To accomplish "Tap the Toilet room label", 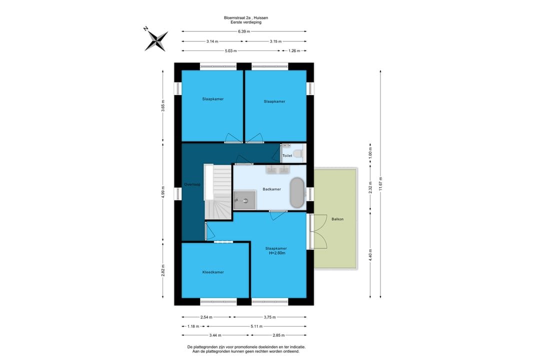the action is click(x=287, y=155).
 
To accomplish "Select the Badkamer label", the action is click(x=271, y=189).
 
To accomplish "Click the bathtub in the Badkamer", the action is click(x=297, y=193).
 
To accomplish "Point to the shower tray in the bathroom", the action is click(x=244, y=200).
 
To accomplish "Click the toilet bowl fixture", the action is click(x=297, y=153).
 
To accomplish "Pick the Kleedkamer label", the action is click(x=213, y=272).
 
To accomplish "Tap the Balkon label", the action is click(x=337, y=219).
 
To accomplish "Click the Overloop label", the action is click(x=192, y=184).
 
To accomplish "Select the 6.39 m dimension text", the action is click(x=244, y=31).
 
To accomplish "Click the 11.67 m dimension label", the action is click(x=380, y=183).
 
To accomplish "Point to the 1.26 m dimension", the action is click(x=294, y=50).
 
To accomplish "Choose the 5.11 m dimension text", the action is click(x=256, y=326).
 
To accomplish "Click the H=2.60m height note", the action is click(x=277, y=253).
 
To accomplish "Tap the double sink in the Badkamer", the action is click(x=277, y=169).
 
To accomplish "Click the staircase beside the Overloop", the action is click(x=218, y=191).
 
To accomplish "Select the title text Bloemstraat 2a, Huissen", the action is click(x=246, y=17).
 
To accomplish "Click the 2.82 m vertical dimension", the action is click(x=163, y=270).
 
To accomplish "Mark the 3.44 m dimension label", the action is click(x=215, y=335).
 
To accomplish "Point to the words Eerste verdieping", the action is click(x=246, y=22).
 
